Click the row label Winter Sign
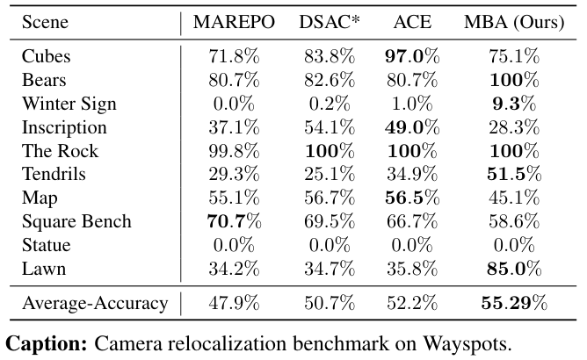tap(69, 104)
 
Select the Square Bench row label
tap(76, 222)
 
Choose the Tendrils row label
tap(54, 175)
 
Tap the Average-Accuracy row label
tap(95, 304)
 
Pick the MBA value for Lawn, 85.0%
tap(514, 270)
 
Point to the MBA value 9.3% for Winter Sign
tap(514, 104)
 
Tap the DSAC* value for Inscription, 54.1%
tap(329, 127)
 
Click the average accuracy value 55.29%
tap(514, 304)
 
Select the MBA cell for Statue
tap(514, 246)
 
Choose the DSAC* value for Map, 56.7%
tap(329, 198)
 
